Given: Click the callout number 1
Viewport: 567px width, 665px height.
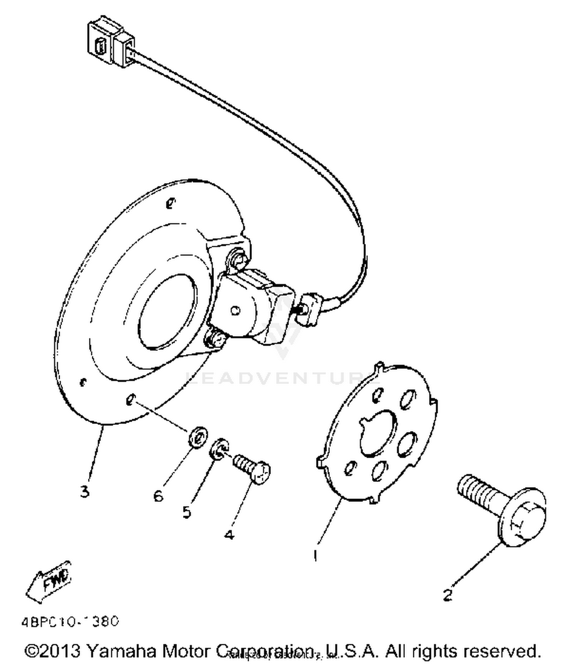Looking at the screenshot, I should point(315,555).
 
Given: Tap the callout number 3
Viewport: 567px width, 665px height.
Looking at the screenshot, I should point(85,492).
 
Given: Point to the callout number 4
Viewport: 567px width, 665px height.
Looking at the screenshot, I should point(229,535).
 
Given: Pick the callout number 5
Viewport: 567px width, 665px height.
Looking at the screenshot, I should point(187,512).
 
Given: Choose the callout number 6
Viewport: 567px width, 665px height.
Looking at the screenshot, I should point(158,495).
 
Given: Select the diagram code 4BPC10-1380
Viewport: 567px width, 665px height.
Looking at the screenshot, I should point(70,622).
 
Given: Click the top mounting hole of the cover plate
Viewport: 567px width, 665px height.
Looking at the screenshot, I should point(170,203).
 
